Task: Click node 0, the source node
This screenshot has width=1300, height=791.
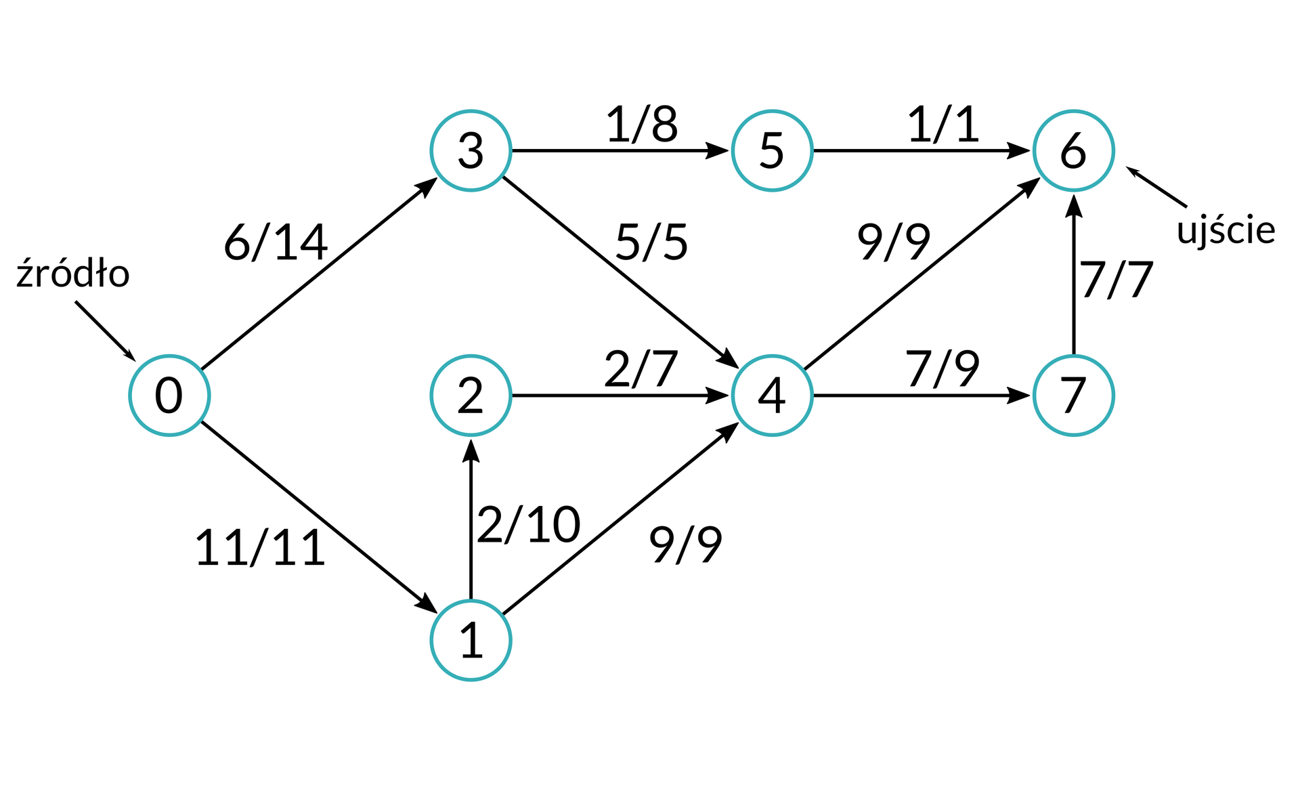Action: tap(169, 395)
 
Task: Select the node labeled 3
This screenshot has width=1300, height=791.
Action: tap(471, 150)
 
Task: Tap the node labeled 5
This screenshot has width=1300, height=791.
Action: tap(772, 150)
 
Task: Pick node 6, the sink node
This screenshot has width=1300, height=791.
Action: tap(1073, 150)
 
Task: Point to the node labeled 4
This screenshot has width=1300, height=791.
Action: tap(772, 395)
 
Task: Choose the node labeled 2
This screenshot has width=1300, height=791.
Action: tap(471, 395)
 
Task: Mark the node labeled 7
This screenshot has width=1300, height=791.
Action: tap(1073, 395)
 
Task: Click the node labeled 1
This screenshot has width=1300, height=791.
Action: tap(471, 641)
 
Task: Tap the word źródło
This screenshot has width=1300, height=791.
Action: tap(73, 274)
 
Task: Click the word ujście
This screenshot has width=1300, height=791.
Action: tap(1226, 231)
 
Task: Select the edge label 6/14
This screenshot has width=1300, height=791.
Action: tap(276, 242)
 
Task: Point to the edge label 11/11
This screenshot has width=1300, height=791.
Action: tap(260, 548)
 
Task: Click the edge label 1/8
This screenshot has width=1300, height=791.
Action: tap(642, 125)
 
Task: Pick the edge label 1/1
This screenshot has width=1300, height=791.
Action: tap(943, 125)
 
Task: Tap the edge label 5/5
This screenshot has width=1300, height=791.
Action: tap(651, 242)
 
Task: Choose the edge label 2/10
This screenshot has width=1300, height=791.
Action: tap(529, 525)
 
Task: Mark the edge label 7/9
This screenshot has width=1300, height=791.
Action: tap(942, 370)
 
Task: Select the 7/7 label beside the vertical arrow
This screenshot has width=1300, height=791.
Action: tap(1117, 280)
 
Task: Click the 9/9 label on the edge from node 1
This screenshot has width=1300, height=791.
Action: tap(685, 544)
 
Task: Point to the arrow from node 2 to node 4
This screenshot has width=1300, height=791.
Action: tap(620, 395)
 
